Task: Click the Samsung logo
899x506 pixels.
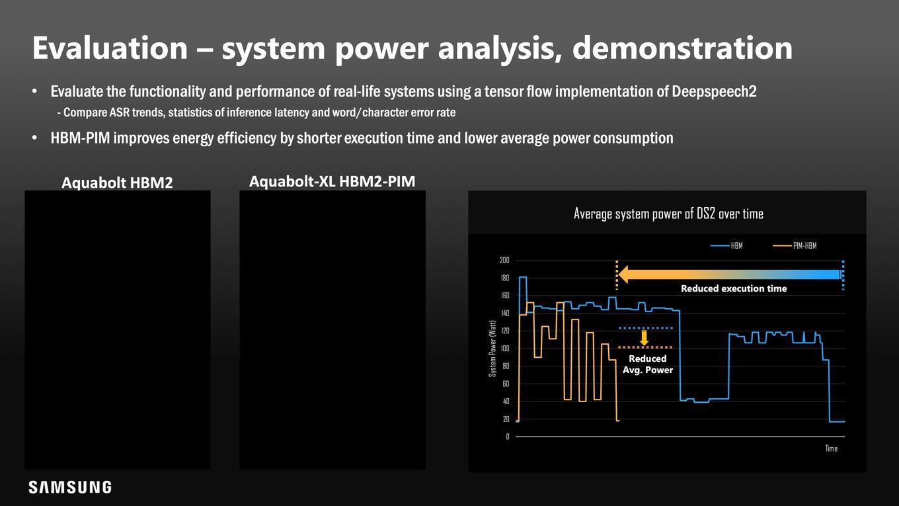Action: [70, 487]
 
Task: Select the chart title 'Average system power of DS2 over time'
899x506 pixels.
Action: [668, 214]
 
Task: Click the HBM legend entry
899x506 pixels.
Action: [727, 246]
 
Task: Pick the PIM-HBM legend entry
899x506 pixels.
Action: [795, 246]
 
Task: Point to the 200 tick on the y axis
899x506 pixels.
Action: [504, 260]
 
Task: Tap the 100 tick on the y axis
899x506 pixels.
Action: [504, 349]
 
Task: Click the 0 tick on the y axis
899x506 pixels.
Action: [508, 437]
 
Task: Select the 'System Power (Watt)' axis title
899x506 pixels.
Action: [492, 349]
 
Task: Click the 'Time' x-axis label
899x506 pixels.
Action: [831, 448]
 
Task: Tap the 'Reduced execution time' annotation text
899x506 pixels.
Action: [734, 288]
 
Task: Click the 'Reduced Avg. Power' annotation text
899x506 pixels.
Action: [647, 364]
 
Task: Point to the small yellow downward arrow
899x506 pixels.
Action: [644, 338]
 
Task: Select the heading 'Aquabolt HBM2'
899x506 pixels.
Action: [117, 183]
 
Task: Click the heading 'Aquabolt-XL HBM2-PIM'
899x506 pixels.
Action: [332, 181]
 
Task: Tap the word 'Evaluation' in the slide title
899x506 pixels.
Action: [110, 48]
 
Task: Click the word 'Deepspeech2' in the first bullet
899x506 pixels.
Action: [714, 91]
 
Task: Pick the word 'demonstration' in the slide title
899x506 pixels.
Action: [682, 48]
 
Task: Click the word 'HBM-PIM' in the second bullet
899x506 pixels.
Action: [80, 138]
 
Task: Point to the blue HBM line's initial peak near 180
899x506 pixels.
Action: [523, 277]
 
